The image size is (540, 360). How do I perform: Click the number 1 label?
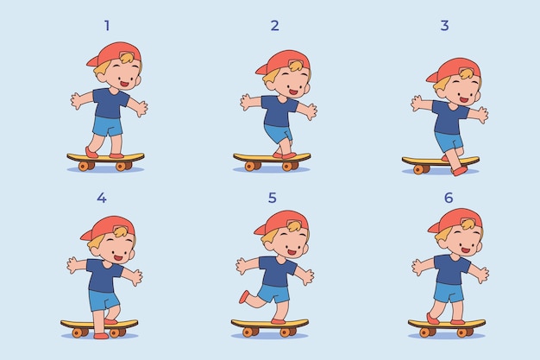(107, 26)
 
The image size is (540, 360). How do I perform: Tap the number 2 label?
(274, 26)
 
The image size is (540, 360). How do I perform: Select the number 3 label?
(444, 26)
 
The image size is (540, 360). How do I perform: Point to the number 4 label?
(102, 198)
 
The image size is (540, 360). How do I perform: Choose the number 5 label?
(272, 198)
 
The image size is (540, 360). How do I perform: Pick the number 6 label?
(449, 198)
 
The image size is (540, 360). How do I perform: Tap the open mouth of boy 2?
(293, 92)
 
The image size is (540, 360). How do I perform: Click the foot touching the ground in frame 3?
(460, 172)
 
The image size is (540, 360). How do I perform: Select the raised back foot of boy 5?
(244, 297)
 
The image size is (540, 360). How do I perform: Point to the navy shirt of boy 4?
(104, 276)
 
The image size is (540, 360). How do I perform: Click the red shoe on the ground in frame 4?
(101, 336)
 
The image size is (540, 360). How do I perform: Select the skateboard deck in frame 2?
(272, 158)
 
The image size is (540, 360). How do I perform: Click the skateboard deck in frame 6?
(447, 324)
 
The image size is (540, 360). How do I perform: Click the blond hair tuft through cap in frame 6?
(468, 224)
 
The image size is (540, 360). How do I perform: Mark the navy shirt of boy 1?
(110, 104)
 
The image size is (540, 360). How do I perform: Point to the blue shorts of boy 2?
(279, 133)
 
